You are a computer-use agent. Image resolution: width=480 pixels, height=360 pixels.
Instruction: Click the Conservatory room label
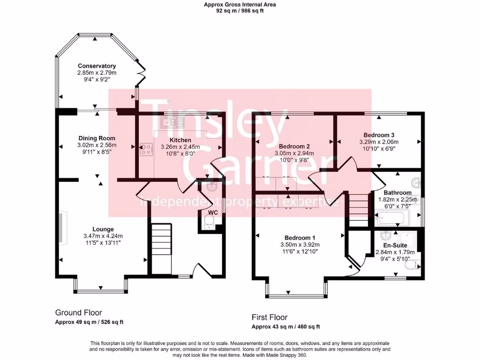pyautogui.click(x=97, y=66)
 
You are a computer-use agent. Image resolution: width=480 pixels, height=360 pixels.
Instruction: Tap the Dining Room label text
pyautogui.click(x=97, y=138)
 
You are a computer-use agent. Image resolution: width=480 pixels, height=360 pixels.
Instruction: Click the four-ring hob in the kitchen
pyautogui.click(x=147, y=150)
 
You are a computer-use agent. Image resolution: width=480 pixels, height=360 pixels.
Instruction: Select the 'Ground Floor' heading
pyautogui.click(x=78, y=313)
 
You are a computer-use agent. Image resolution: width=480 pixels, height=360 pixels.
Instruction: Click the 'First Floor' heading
pyautogui.click(x=270, y=317)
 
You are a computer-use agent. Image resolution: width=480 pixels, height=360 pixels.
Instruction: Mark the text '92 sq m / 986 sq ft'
pyautogui.click(x=240, y=11)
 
